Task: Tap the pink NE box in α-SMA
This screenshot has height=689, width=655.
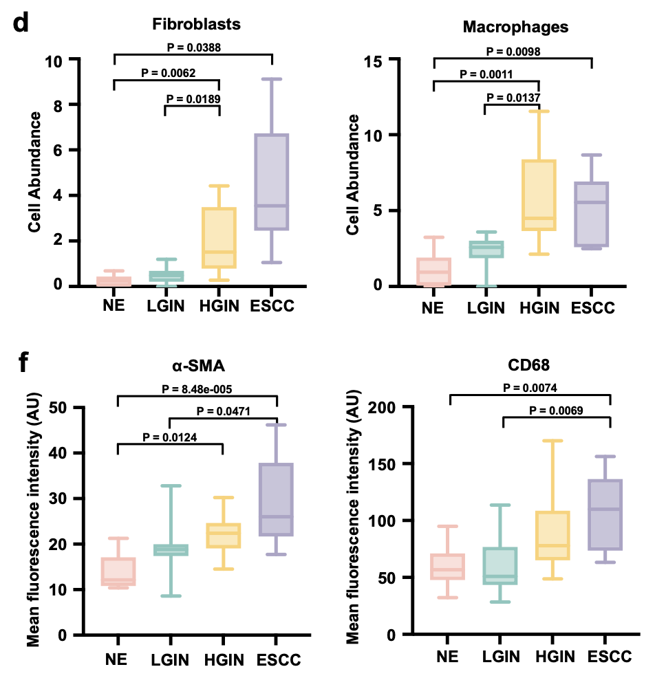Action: point(118,571)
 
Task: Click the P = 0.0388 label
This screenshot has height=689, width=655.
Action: point(194,47)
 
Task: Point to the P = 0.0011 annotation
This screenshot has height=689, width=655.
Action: point(486,74)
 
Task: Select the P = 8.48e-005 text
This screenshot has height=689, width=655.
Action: point(197,389)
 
